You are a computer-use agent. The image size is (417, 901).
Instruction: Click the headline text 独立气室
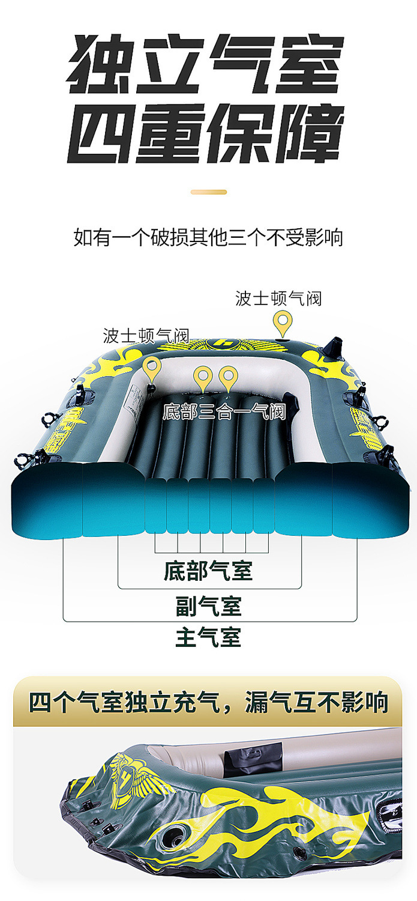tap(205, 64)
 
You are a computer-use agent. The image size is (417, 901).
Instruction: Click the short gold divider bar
tap(209, 192)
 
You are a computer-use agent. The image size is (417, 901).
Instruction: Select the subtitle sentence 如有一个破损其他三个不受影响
tap(208, 238)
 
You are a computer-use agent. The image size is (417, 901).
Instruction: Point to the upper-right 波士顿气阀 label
tap(278, 299)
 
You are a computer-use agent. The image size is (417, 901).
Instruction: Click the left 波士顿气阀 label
tap(145, 336)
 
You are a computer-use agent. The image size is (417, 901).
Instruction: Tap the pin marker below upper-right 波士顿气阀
tap(283, 324)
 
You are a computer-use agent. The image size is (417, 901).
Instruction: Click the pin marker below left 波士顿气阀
tap(152, 369)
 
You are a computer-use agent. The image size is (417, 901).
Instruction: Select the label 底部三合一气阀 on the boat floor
tap(224, 412)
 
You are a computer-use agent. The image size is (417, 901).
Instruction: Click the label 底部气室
tap(208, 571)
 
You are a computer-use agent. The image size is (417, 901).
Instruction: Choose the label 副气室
tap(208, 606)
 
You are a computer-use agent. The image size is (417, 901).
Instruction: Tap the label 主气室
tap(208, 637)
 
